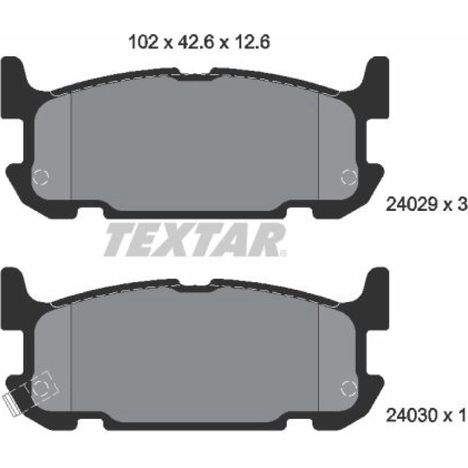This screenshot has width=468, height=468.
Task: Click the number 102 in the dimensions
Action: coord(143,42)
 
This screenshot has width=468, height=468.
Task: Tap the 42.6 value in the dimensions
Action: coord(196,42)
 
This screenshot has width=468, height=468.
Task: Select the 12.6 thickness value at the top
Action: coord(252,42)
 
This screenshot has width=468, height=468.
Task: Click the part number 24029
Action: coord(412,204)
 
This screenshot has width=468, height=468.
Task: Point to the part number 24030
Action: coord(412,415)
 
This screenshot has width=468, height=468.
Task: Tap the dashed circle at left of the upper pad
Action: coord(41,177)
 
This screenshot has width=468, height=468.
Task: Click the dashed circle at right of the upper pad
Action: coord(349,177)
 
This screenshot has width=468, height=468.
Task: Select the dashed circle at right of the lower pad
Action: coord(349,388)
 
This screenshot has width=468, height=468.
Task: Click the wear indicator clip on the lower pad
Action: coord(12,405)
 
